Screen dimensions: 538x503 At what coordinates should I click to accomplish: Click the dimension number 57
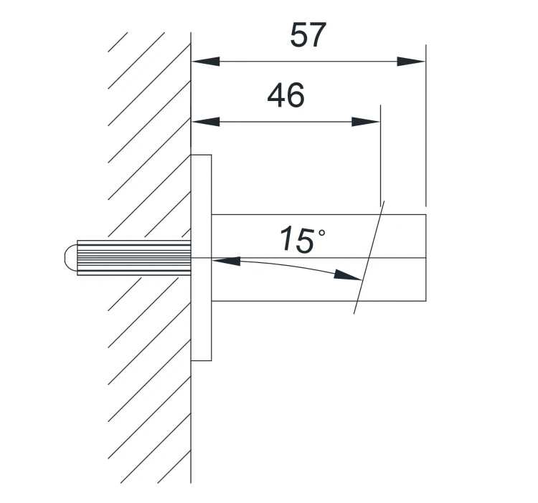[308, 35]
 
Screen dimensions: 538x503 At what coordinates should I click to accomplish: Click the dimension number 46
[285, 95]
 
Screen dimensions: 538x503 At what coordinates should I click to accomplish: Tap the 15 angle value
[297, 240]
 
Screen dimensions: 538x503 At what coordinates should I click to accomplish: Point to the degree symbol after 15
[322, 233]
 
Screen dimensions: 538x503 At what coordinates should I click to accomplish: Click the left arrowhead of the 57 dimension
[206, 62]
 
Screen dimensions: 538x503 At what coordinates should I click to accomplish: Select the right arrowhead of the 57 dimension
[411, 62]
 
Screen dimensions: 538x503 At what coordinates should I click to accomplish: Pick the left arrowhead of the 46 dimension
[206, 122]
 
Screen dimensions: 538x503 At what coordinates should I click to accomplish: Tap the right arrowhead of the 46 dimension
[366, 122]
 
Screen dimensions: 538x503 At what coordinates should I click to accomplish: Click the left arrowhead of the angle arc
[226, 261]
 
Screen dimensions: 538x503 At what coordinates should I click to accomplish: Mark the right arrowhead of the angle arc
[348, 275]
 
